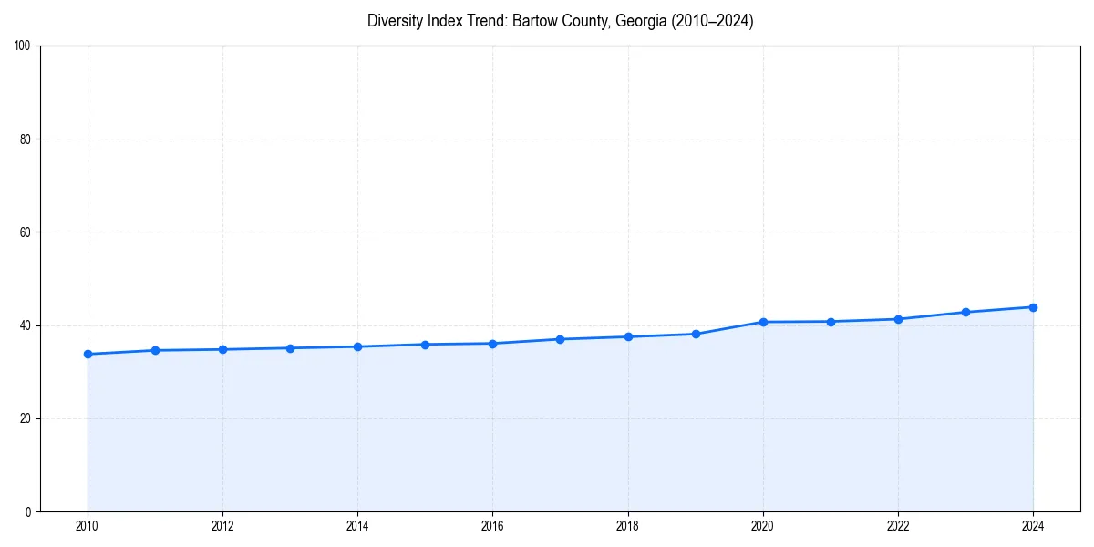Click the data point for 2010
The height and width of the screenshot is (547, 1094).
tap(88, 354)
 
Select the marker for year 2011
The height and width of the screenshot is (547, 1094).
tap(155, 350)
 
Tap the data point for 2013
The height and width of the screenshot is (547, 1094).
tap(290, 348)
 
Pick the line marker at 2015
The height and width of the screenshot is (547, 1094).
tap(425, 345)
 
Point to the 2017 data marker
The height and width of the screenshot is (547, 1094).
tap(560, 339)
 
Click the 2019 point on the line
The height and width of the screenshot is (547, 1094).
tap(696, 334)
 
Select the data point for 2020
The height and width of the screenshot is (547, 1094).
tap(763, 322)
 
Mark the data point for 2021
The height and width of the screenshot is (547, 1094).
tap(831, 321)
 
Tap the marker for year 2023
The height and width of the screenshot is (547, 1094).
tap(965, 312)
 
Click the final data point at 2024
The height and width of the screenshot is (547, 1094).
tap(1033, 307)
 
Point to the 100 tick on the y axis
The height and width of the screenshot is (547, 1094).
tap(24, 46)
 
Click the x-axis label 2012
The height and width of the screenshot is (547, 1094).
tap(222, 526)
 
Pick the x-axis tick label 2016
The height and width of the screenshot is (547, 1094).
tap(492, 526)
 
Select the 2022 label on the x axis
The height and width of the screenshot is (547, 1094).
tap(898, 526)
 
